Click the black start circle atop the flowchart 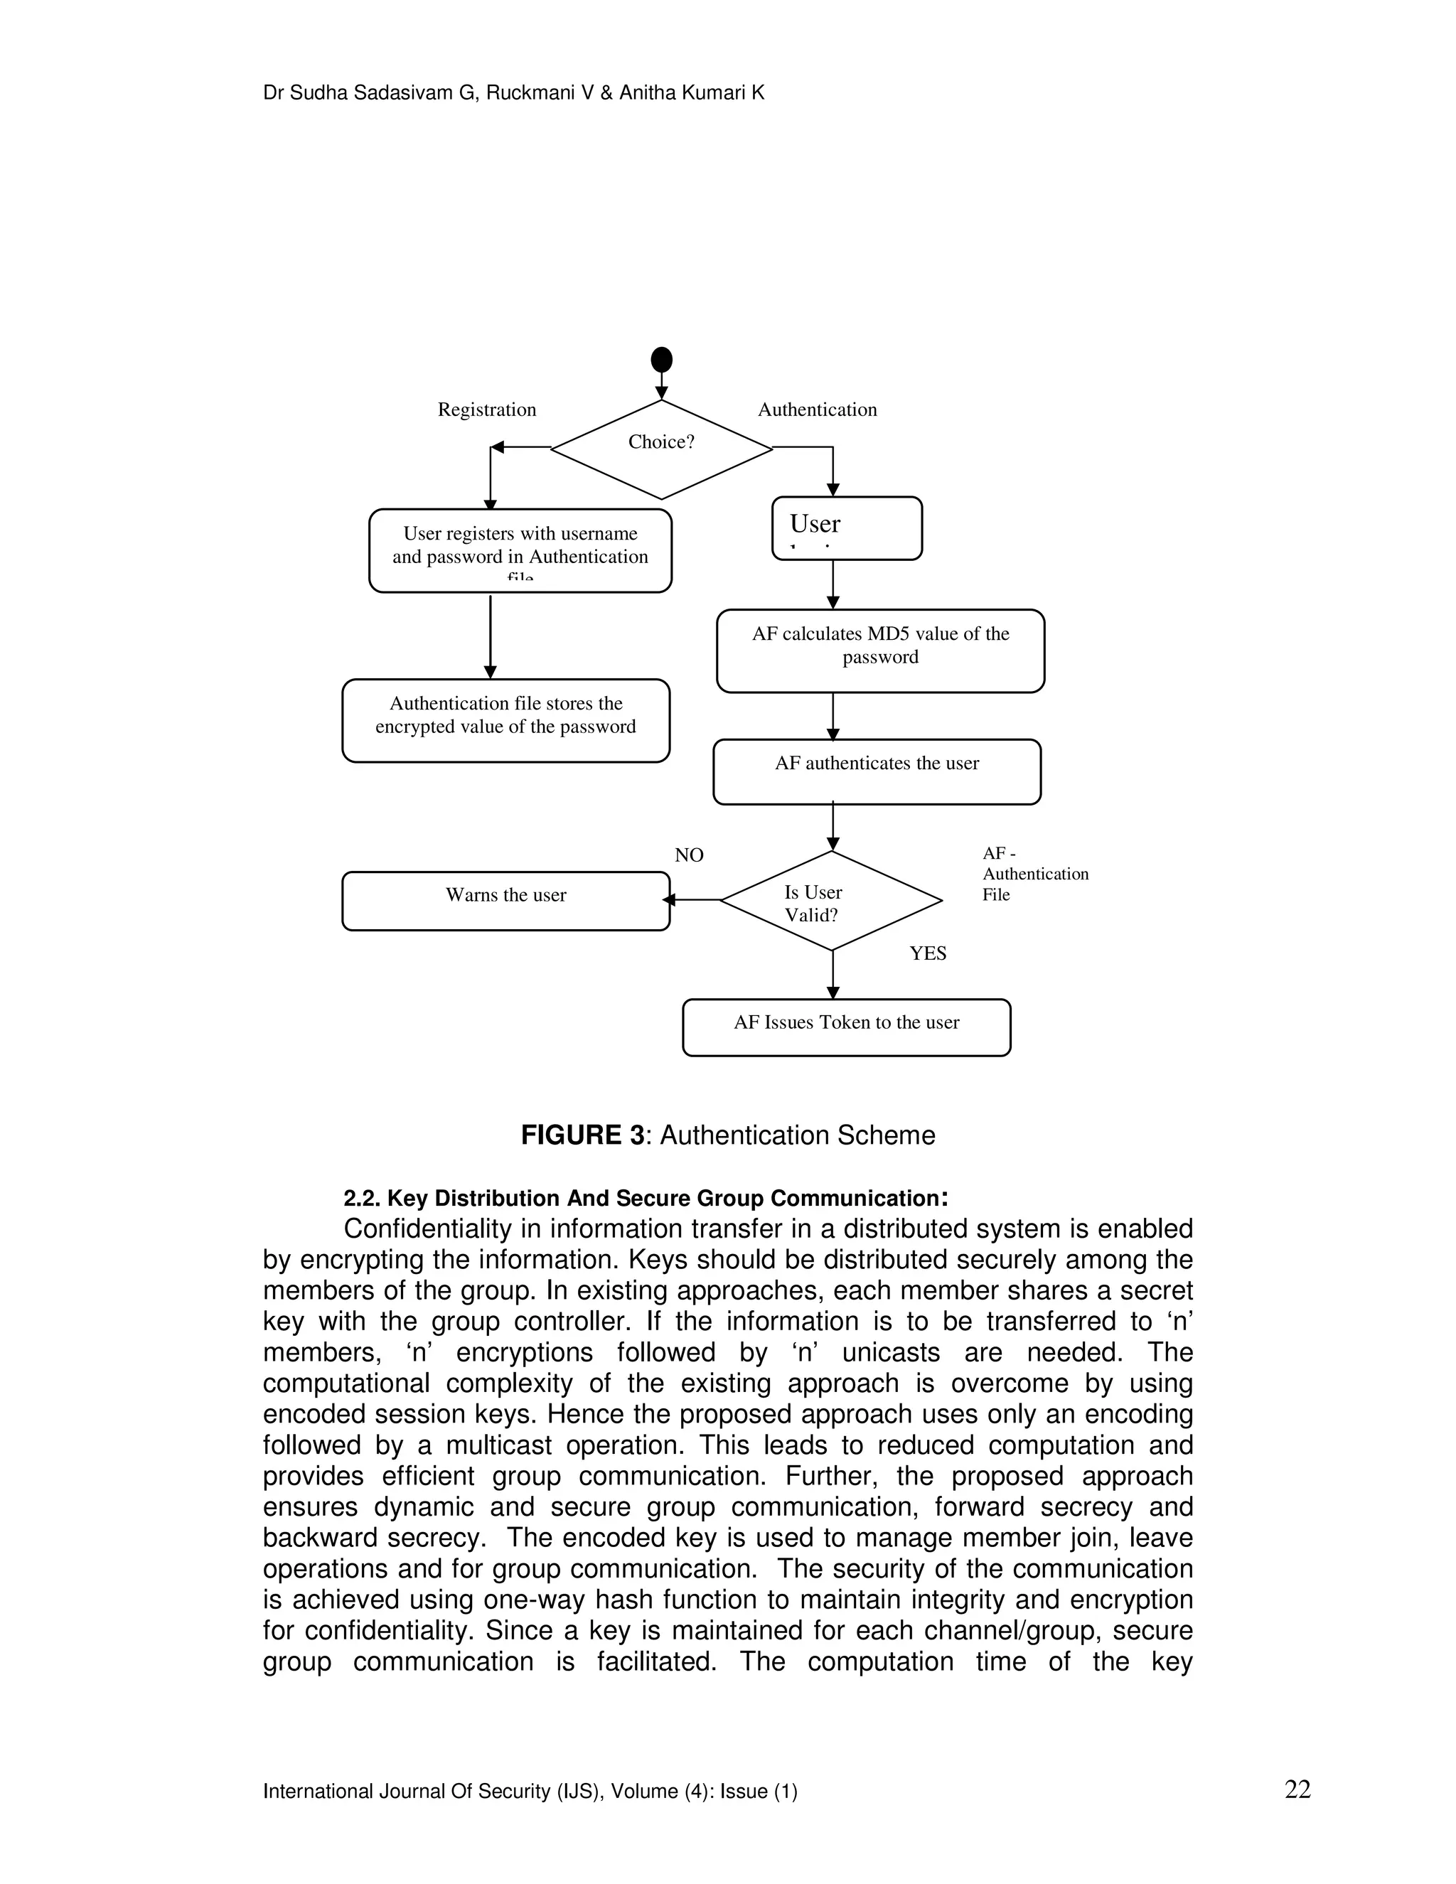662,360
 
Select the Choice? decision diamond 662,449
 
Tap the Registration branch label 486,410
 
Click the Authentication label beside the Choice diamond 817,410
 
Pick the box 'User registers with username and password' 520,550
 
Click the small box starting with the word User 846,528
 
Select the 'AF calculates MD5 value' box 880,651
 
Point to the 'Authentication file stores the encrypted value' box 505,720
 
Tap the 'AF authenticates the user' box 877,771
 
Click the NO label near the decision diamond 689,855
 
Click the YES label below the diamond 928,953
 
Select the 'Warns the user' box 505,901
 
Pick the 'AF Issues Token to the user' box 846,1027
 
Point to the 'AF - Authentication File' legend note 1034,874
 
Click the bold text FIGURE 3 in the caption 582,1135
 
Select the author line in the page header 513,93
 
